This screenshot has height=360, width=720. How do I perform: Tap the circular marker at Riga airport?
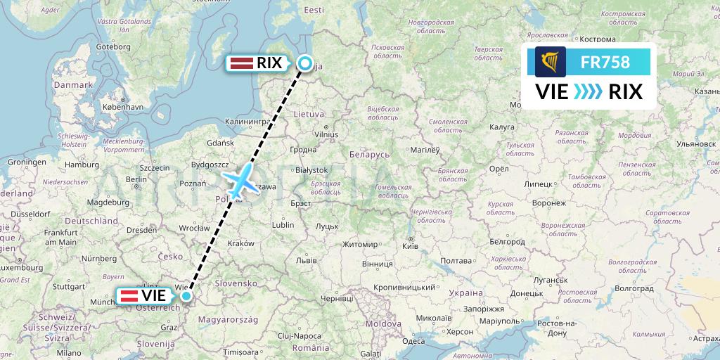pos(305,63)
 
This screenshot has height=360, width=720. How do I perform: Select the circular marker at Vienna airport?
pos(186,296)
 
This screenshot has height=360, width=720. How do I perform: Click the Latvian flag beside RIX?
pos(242,63)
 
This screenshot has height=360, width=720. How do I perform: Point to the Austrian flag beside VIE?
pos(130,296)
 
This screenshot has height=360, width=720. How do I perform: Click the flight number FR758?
pos(604,62)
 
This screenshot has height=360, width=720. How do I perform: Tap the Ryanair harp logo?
pos(551,62)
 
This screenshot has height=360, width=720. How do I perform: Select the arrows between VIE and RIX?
pos(588,91)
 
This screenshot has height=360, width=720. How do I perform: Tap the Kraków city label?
pos(240,243)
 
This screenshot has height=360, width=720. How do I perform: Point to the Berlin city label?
pos(137,179)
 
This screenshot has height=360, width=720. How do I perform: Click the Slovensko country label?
pos(236,282)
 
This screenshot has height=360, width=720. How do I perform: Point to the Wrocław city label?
pos(193,229)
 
